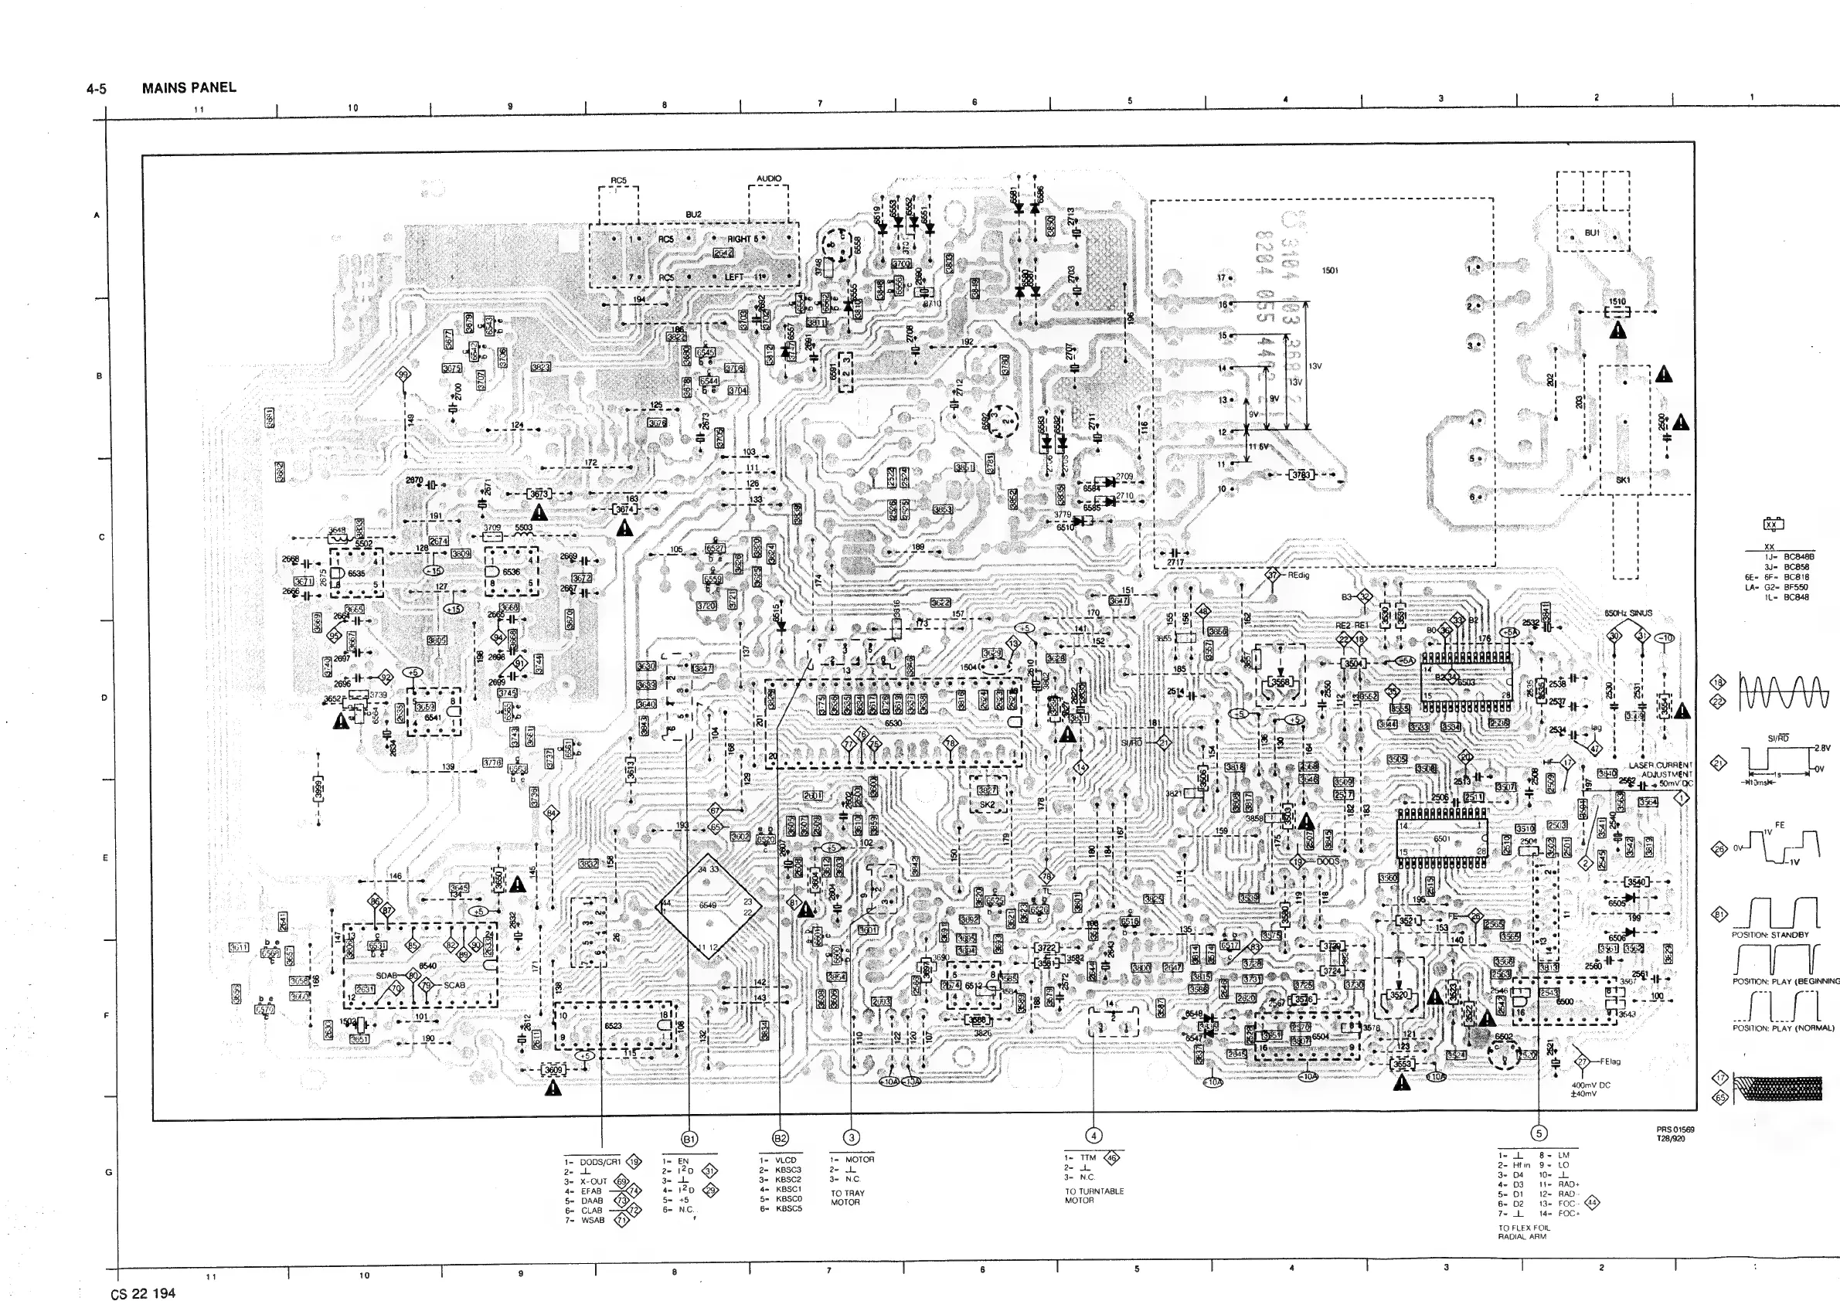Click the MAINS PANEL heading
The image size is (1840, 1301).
point(189,87)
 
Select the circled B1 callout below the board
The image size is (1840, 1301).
point(689,1139)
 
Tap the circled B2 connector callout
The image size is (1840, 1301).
point(780,1139)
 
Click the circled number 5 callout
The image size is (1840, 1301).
point(1538,1133)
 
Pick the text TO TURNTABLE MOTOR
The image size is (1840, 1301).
point(1094,1195)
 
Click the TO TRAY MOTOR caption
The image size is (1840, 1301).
point(848,1197)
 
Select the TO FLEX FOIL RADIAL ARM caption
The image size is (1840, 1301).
point(1524,1232)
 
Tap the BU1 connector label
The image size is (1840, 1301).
point(1592,233)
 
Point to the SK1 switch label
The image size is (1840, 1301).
point(1623,480)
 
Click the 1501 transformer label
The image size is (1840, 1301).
point(1330,270)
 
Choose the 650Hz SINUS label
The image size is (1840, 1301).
point(1628,613)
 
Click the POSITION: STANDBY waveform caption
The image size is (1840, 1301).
point(1770,935)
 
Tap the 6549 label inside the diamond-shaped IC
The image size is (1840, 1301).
point(708,905)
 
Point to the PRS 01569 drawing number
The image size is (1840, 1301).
point(1675,1129)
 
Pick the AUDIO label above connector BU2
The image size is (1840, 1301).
point(769,178)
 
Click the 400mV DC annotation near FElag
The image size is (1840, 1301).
point(1590,1085)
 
